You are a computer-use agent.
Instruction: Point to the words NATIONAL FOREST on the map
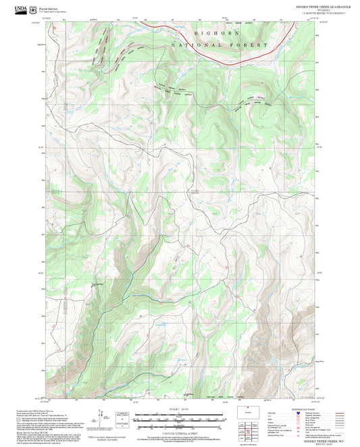230,45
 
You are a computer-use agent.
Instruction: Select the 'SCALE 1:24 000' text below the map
180,409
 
